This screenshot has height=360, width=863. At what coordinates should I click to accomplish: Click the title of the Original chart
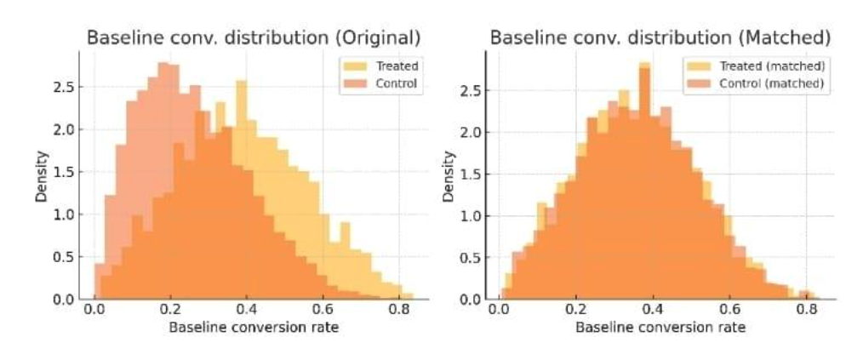tap(254, 38)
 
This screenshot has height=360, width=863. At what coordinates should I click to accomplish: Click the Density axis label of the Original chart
tap(41, 176)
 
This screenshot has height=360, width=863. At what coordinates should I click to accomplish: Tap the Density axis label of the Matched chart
tap(449, 176)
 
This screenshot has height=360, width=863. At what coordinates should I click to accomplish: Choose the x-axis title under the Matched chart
tap(660, 328)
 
